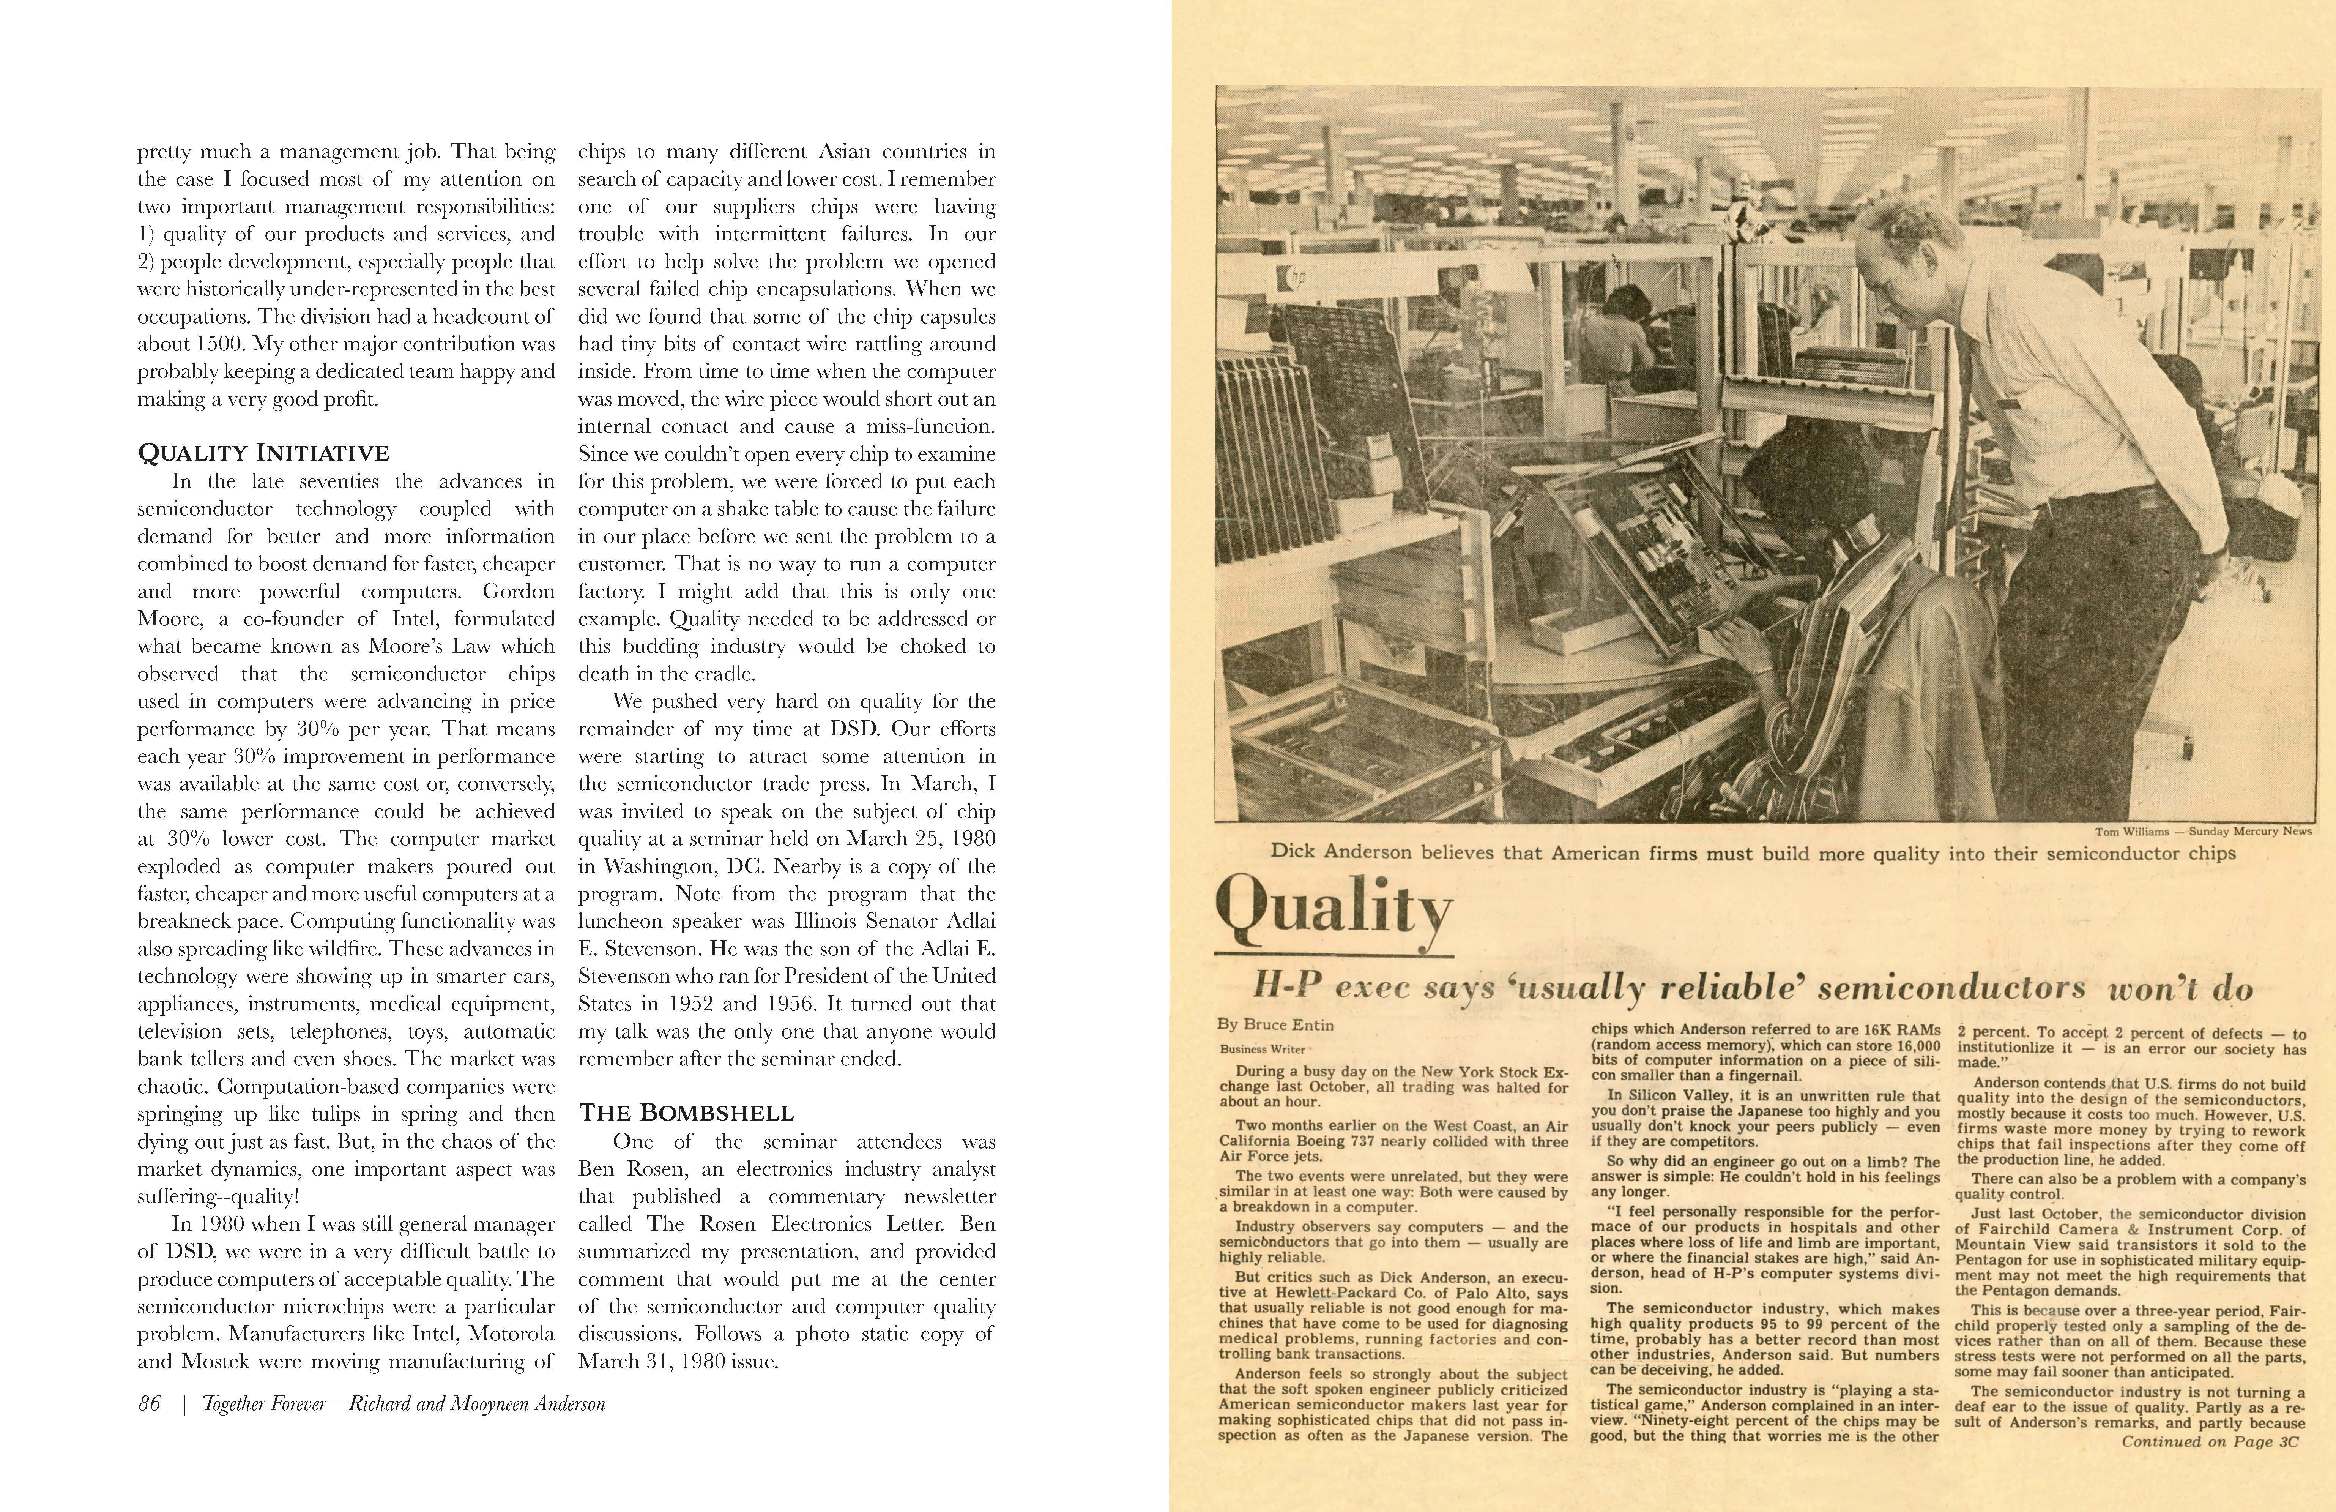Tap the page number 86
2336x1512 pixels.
coord(149,1404)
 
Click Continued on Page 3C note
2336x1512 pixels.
coord(2210,1441)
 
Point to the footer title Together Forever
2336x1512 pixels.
coord(263,1404)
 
